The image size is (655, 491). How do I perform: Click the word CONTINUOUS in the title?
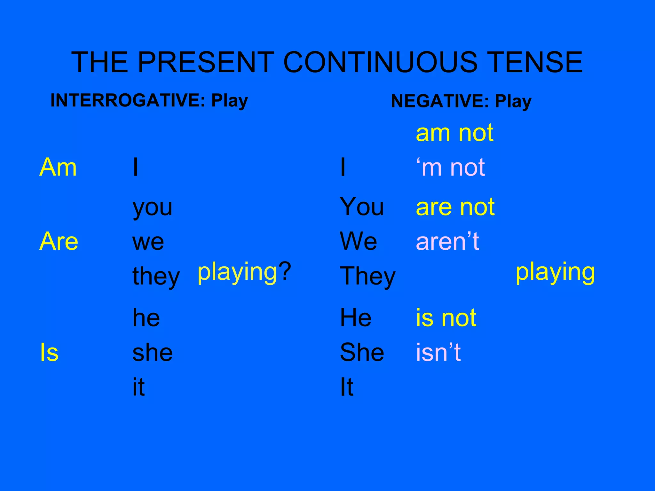click(x=380, y=62)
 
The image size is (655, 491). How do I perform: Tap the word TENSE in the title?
click(x=535, y=62)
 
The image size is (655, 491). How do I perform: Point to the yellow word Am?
click(x=58, y=167)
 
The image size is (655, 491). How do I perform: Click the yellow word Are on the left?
click(x=59, y=241)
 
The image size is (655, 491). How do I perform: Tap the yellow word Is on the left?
click(x=49, y=352)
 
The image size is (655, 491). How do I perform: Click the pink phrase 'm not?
click(x=450, y=167)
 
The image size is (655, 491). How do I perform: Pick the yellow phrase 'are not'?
click(x=455, y=207)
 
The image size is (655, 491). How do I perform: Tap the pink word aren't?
click(x=447, y=241)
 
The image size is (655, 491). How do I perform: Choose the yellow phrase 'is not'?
click(x=446, y=318)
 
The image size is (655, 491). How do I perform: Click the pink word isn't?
click(x=438, y=352)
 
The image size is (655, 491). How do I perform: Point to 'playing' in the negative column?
click(x=555, y=272)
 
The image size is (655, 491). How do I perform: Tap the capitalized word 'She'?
click(x=362, y=352)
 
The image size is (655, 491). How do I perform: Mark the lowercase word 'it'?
click(x=138, y=387)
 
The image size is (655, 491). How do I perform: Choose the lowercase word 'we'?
click(x=148, y=242)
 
